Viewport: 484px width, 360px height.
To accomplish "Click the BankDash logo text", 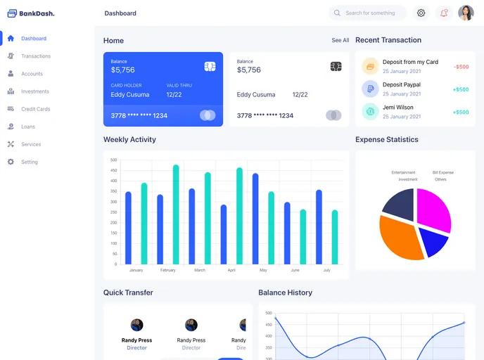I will pos(37,13).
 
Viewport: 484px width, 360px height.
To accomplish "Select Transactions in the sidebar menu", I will pos(35,56).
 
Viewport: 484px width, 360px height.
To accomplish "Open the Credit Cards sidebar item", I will pos(35,109).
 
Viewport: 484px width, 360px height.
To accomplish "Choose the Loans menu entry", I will pos(27,127).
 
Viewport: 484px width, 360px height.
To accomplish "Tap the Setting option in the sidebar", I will pos(29,162).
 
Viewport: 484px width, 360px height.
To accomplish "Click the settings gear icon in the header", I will pos(421,13).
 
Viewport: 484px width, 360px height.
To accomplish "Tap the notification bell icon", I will pos(444,13).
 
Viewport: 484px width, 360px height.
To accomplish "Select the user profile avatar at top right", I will pos(466,13).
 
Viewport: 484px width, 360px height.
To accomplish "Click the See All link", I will pos(340,41).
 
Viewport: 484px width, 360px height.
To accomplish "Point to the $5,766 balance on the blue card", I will pos(122,70).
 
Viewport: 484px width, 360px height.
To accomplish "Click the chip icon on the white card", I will pos(336,66).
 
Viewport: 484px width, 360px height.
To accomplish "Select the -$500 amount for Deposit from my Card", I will pos(461,67).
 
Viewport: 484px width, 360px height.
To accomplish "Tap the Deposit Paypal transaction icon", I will pos(370,89).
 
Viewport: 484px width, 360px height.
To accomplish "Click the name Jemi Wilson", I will pos(398,108).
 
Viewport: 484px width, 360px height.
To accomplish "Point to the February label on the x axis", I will pos(167,270).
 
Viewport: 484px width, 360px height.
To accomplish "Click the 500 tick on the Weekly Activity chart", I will pos(113,160).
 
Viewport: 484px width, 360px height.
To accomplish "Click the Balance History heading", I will pos(285,292).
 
